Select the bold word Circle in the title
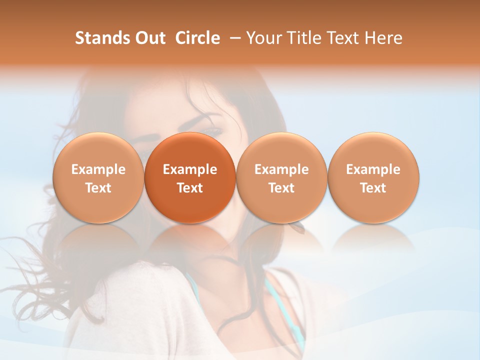(197, 38)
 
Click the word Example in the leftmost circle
(98, 169)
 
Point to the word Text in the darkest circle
(190, 188)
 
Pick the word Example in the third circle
(281, 169)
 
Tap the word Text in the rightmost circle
(373, 188)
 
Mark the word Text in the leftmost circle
(98, 188)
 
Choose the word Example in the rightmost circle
(373, 169)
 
